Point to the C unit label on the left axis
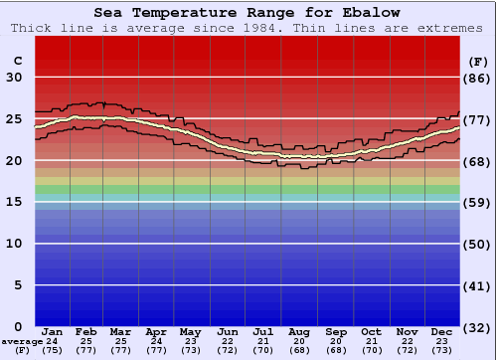click(17, 61)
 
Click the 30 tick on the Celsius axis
click(13, 78)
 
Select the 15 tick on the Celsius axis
click(13, 202)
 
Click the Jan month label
click(53, 332)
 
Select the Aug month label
click(298, 332)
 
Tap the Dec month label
click(442, 332)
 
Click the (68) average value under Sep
click(336, 350)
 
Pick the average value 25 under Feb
click(87, 341)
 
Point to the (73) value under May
click(190, 350)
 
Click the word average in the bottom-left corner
click(22, 341)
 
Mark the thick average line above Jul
click(262, 152)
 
